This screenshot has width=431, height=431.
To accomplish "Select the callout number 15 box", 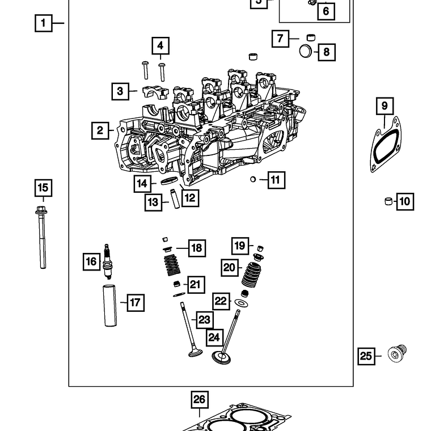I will pyautogui.click(x=43, y=188).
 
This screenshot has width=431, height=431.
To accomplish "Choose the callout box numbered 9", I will pyautogui.click(x=384, y=105).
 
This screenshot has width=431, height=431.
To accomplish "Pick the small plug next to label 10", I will pyautogui.click(x=388, y=201).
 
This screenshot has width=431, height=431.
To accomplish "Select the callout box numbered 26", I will pyautogui.click(x=199, y=399).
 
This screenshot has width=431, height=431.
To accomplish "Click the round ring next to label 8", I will pyautogui.click(x=306, y=52).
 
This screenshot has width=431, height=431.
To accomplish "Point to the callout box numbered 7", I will pyautogui.click(x=280, y=39).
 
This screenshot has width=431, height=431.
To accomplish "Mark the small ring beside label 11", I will pyautogui.click(x=253, y=180).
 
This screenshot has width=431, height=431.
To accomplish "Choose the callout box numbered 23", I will pyautogui.click(x=204, y=320).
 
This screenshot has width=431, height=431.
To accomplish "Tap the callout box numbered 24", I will pyautogui.click(x=213, y=337).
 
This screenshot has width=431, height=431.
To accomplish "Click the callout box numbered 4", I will pyautogui.click(x=160, y=45).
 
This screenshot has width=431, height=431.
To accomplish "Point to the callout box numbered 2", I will pyautogui.click(x=100, y=131).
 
